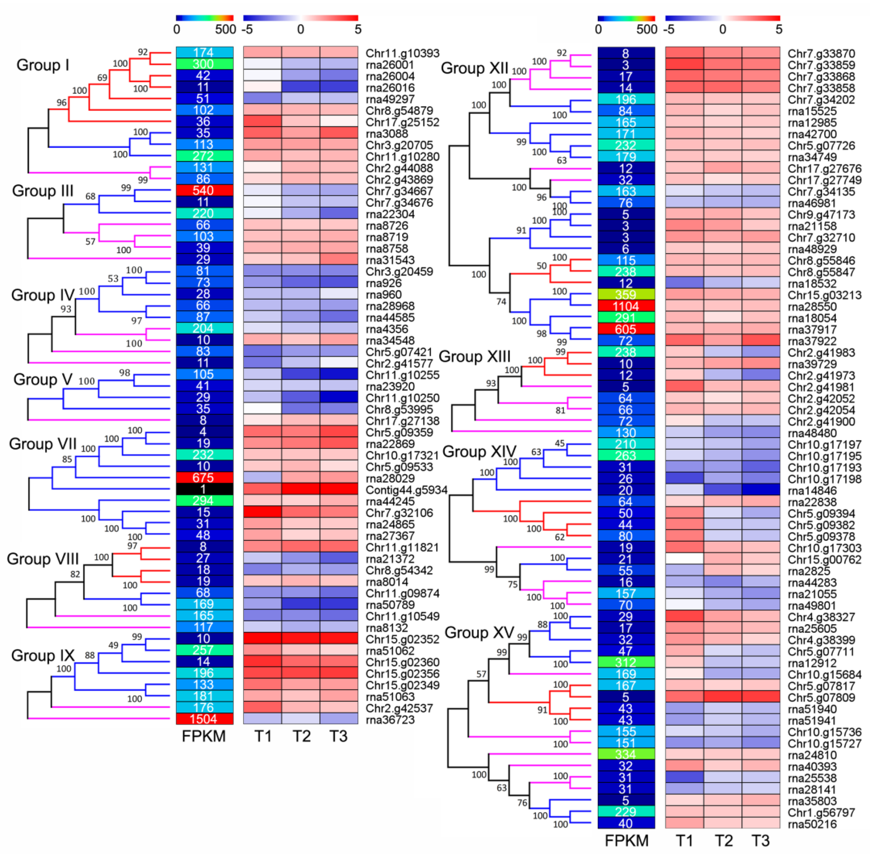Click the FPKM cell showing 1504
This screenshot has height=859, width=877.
point(204,719)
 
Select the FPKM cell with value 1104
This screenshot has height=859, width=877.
point(625,307)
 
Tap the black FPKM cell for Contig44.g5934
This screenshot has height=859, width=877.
point(204,489)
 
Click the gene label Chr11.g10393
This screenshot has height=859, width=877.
point(402,53)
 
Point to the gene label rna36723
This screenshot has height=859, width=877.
point(390,720)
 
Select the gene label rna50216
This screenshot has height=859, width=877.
point(812,824)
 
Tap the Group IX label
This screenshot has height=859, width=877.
point(43,655)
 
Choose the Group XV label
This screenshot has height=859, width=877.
point(479,632)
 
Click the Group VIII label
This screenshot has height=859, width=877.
point(43,559)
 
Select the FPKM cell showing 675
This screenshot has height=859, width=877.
point(204,478)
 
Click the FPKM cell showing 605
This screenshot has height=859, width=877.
point(625,330)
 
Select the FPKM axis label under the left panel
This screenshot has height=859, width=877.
point(204,736)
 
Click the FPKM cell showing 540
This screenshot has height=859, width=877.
point(204,190)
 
